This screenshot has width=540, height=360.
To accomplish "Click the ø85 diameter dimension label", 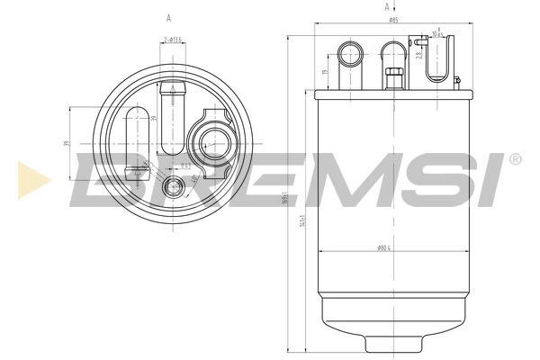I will [393, 20].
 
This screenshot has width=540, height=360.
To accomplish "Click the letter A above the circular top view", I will [168, 18].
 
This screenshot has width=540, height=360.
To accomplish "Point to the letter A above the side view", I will [373, 7].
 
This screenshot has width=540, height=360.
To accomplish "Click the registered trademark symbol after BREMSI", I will [515, 159].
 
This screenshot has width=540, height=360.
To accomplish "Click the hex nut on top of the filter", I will [392, 76].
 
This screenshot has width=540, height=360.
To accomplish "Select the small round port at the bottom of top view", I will [177, 187].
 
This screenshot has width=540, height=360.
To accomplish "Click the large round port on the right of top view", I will [212, 140].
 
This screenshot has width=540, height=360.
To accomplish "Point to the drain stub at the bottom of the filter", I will [392, 349].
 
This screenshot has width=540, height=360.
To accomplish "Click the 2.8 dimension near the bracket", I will [420, 57].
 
